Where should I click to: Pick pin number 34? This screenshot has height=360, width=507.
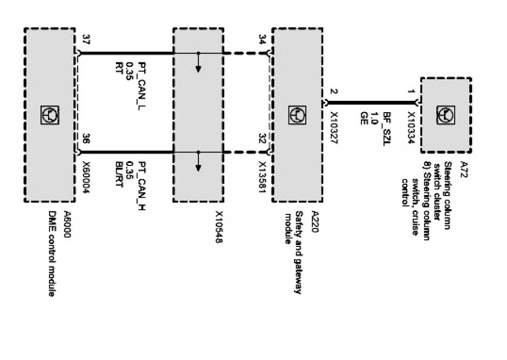[262, 39]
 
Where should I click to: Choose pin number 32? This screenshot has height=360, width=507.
[262, 139]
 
